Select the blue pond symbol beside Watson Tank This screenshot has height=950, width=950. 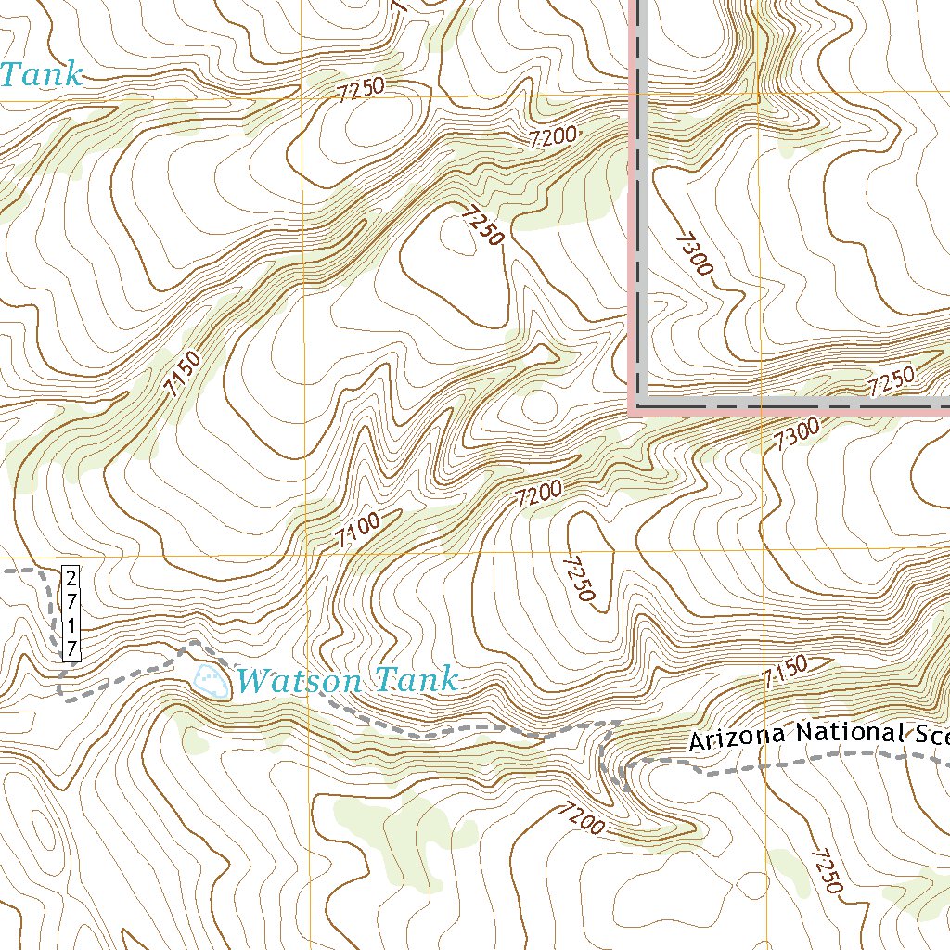[212, 680]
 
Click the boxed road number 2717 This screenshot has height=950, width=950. [71, 612]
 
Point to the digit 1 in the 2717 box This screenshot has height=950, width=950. [71, 625]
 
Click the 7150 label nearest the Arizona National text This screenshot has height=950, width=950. [785, 671]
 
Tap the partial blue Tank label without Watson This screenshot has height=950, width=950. [41, 74]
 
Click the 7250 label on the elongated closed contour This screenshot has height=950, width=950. [578, 578]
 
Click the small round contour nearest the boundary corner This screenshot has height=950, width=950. [538, 405]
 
